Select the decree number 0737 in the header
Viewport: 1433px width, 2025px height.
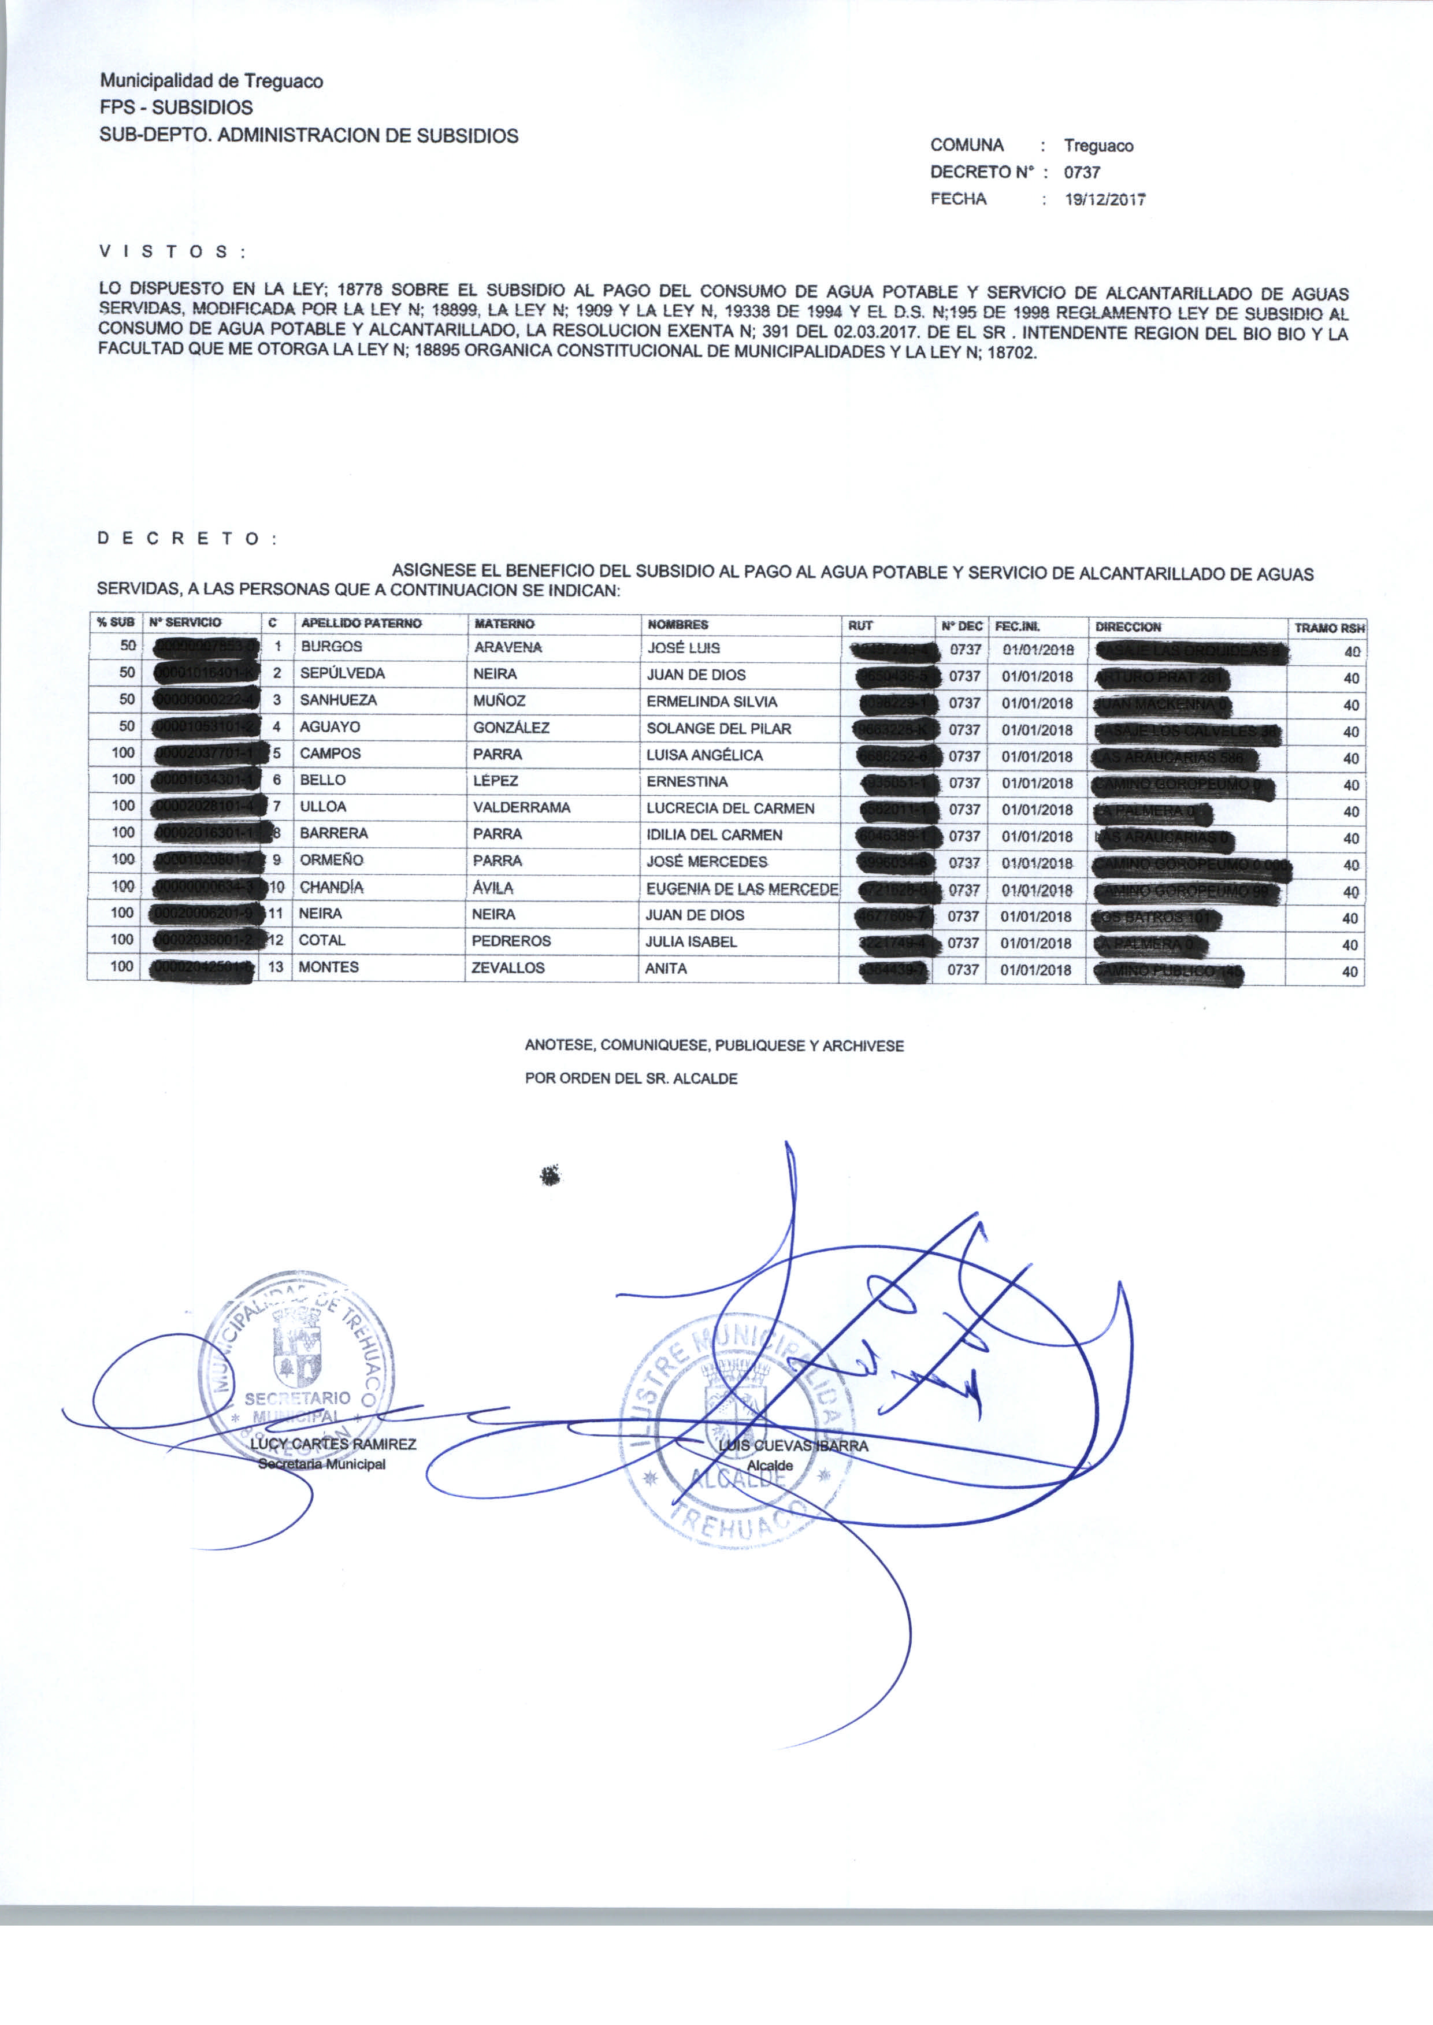pyautogui.click(x=1081, y=172)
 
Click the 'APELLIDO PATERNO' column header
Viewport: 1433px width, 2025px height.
pyautogui.click(x=361, y=623)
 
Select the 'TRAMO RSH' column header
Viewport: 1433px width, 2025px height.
pyautogui.click(x=1329, y=628)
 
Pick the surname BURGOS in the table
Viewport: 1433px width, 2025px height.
pyautogui.click(x=331, y=647)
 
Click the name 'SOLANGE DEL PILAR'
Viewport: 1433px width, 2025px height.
pyautogui.click(x=718, y=729)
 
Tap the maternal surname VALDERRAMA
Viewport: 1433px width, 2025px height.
pyautogui.click(x=522, y=807)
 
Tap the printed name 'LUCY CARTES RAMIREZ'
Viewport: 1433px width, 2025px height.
pyautogui.click(x=333, y=1444)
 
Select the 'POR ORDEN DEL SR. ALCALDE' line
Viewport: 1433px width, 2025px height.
pyautogui.click(x=631, y=1078)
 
